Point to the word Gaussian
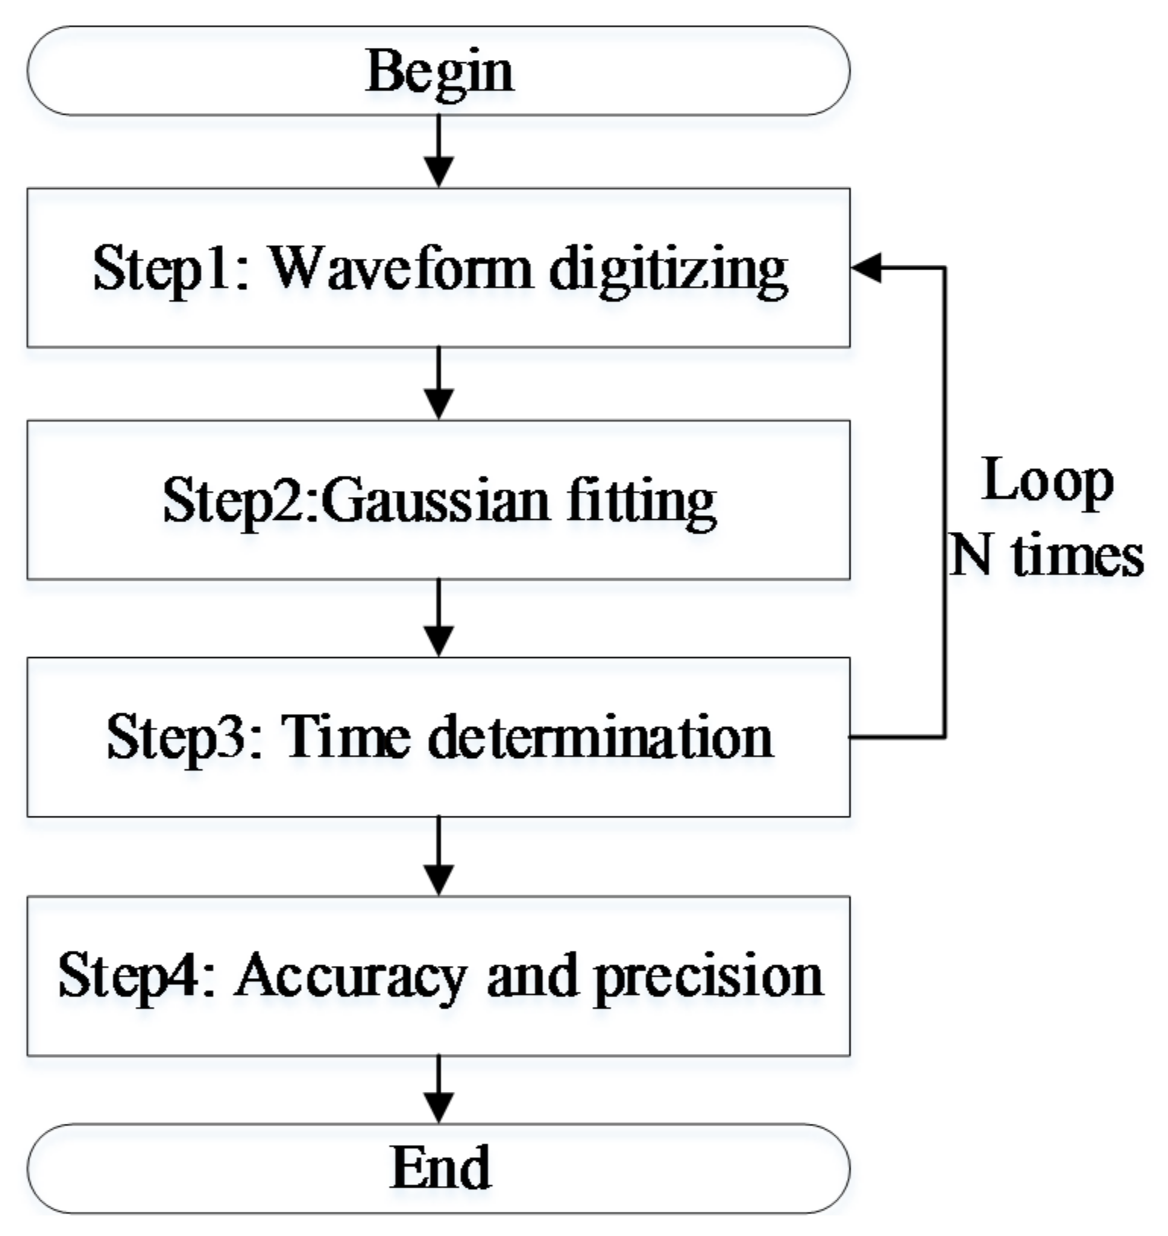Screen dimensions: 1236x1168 (x=439, y=501)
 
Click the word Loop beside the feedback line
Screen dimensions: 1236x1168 (x=1047, y=481)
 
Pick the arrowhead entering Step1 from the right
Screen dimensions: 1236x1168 (x=867, y=267)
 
